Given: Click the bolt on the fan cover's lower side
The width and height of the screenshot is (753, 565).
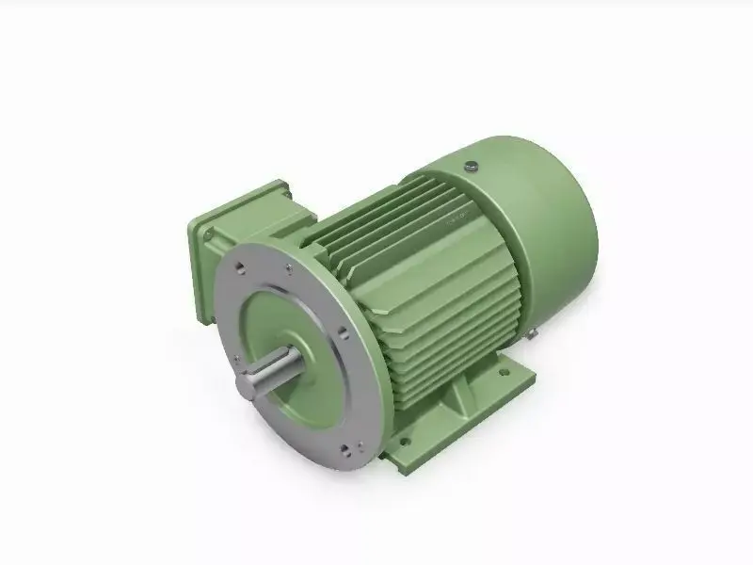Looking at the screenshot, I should [533, 331].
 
